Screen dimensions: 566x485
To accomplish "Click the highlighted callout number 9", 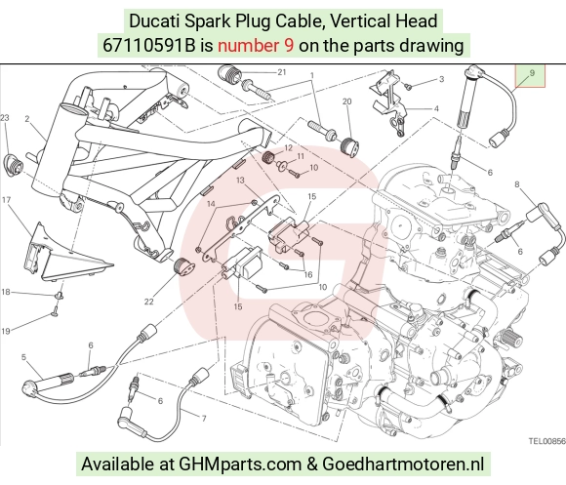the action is (532, 73).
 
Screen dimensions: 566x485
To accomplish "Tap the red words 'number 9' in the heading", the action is (256, 46).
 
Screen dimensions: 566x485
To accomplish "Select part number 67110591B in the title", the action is (148, 46).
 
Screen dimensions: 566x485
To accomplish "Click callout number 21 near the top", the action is (282, 72).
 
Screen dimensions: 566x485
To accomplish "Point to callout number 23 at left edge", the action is (4, 118).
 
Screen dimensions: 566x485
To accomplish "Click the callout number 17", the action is (6, 199).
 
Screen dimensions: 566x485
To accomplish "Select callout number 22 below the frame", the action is (148, 302).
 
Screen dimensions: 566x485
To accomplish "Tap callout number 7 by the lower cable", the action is (204, 419).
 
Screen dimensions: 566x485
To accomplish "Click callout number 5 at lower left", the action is (23, 357).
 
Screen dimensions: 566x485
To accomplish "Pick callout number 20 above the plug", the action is (346, 101).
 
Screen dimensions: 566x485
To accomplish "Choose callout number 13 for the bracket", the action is (240, 181).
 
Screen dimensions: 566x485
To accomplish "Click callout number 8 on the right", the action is (517, 184).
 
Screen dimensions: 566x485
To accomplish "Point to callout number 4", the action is (436, 108).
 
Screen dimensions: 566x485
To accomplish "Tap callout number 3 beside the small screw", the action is (441, 79).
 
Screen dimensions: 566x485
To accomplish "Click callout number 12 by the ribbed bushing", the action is (288, 148).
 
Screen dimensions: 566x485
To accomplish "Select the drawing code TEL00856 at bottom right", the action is (547, 441).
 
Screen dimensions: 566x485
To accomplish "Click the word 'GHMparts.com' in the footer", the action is (240, 464).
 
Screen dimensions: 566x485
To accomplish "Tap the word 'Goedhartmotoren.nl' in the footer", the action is (403, 464).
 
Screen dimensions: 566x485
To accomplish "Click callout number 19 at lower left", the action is (6, 331).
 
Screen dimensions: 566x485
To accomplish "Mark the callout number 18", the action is (6, 292).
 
